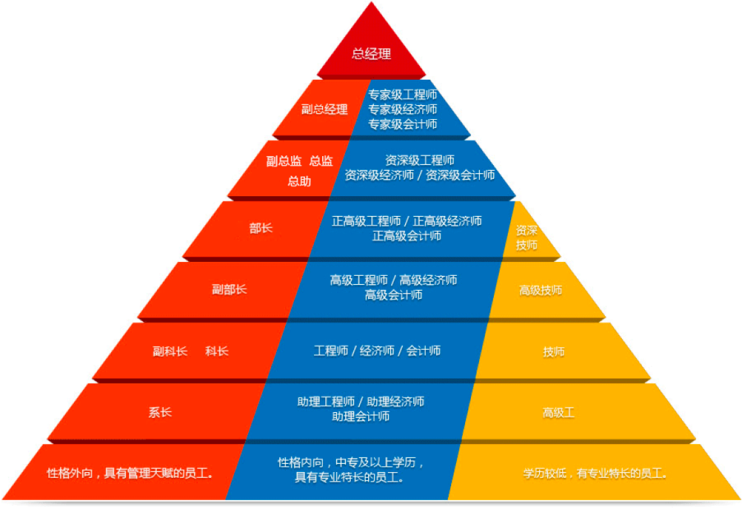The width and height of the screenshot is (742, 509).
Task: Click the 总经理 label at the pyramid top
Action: tap(371, 54)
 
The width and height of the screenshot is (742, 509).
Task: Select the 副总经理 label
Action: tap(324, 109)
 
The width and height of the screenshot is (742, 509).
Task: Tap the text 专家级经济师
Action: tap(403, 109)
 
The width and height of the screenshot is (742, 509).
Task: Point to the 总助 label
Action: tap(299, 181)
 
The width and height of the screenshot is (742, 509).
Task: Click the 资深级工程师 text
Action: tap(419, 160)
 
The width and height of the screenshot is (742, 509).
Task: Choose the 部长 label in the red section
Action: tap(260, 227)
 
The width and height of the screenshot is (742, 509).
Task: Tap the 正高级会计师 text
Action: tap(407, 236)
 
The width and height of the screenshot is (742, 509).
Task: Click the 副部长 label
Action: tap(228, 289)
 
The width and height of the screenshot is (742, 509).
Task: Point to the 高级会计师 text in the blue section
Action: tap(394, 295)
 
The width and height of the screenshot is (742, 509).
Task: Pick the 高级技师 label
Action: tap(541, 290)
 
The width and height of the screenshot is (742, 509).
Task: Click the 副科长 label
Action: tap(169, 351)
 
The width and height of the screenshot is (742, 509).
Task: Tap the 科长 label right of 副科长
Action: tap(217, 351)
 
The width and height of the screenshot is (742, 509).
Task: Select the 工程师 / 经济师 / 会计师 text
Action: tap(377, 351)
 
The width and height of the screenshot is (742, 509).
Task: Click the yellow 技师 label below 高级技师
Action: tap(554, 351)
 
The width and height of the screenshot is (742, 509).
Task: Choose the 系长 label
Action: tap(160, 412)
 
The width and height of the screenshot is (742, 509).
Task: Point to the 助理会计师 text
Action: tap(361, 416)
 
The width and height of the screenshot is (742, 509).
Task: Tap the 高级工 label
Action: tap(559, 412)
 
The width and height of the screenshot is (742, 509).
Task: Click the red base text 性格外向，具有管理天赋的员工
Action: tap(130, 473)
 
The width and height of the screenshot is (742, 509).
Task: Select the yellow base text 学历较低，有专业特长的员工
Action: tap(596, 473)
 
